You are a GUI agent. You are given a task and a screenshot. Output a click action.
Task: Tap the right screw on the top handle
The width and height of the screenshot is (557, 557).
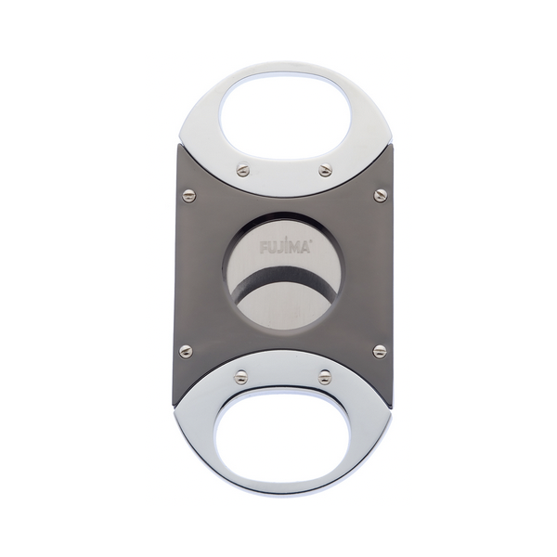(x=325, y=169)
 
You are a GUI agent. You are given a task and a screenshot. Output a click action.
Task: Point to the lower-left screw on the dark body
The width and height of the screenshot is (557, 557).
(x=186, y=351)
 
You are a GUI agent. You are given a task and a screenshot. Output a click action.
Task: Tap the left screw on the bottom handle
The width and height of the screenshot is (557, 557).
(x=241, y=376)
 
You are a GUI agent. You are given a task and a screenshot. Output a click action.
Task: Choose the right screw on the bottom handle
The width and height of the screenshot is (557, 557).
(x=325, y=376)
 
